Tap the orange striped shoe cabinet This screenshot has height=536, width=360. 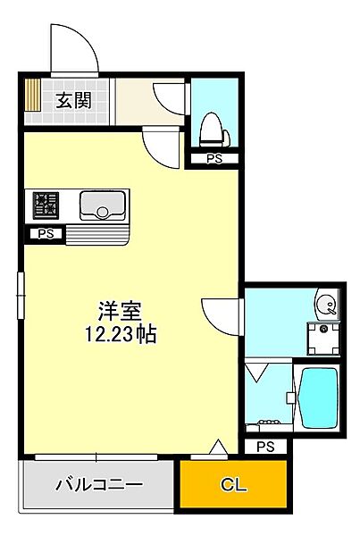pos(32,99)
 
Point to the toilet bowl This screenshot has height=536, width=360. pos(213,130)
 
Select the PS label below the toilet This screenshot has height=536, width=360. pos(213,159)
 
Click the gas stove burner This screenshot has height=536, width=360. pos(46,207)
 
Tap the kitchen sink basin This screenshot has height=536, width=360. pos(102,207)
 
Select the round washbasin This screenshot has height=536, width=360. pos(328,307)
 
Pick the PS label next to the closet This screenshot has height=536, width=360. pos(265,446)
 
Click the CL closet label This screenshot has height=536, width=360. pos(234,487)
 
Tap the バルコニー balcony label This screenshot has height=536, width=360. pos(98,486)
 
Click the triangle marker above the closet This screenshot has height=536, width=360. pos(217,448)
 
